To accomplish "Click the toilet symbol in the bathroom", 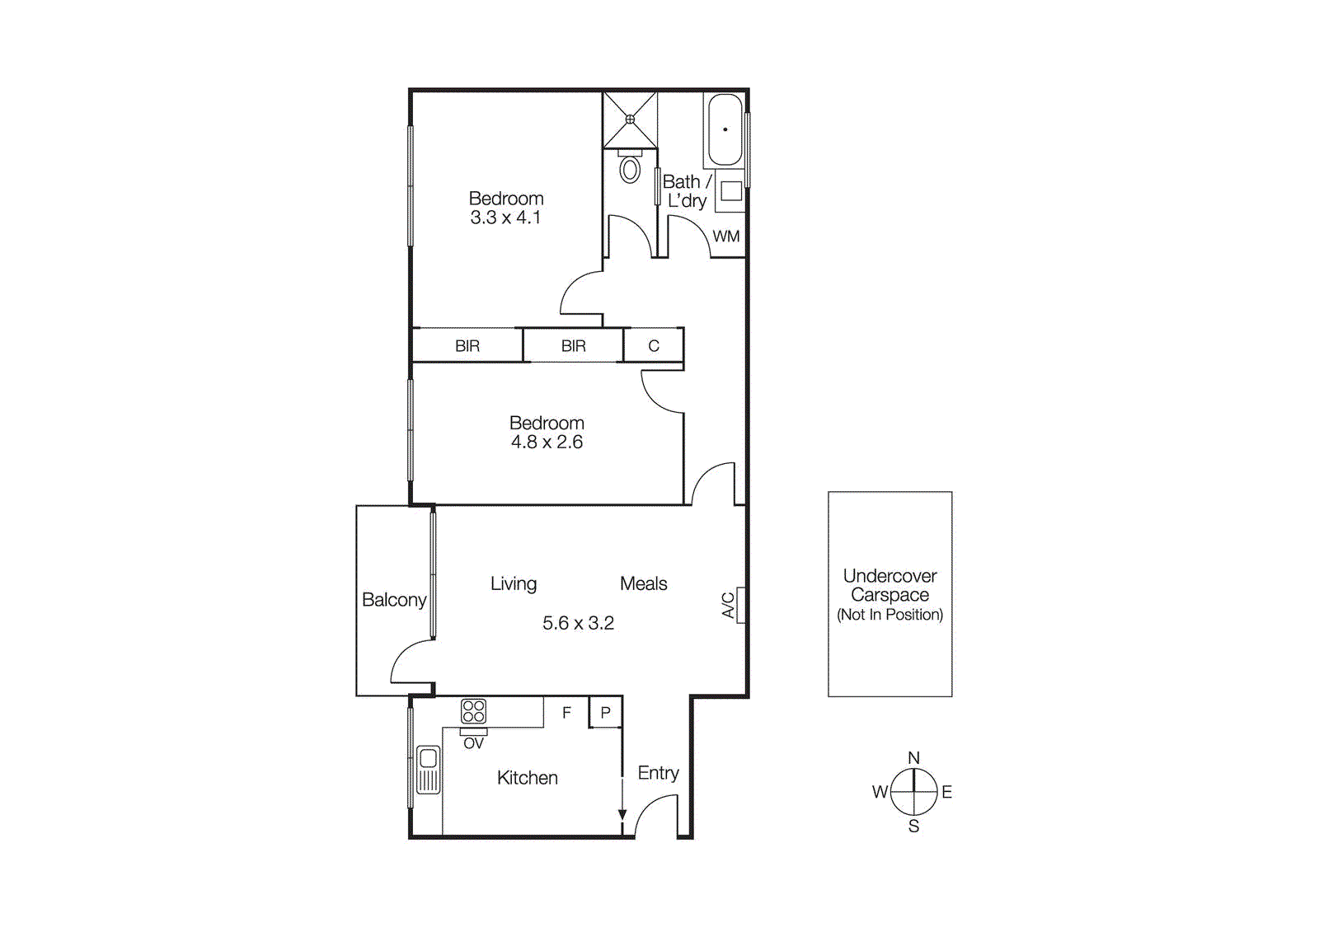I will coord(630,169).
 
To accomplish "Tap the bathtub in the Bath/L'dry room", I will coord(725,129).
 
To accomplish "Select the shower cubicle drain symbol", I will coord(631,119).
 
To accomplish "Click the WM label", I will coord(726,237).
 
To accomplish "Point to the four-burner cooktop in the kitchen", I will coord(473,711).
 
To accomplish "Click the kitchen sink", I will coord(428,770).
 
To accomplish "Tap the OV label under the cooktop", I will coord(473,743).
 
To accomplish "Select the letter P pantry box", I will coord(606,713).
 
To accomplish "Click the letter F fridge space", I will coord(566,713).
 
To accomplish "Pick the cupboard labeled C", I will coord(654,346).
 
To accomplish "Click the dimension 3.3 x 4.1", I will coord(505,218).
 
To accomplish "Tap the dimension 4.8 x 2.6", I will coord(547,443).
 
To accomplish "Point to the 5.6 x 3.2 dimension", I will coord(578,623).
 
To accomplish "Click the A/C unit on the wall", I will coord(741,605).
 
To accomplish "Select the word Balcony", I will coord(394,600).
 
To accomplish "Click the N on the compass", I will coord(913,757).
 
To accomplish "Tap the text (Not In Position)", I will coord(890,615).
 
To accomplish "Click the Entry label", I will coord(658,773).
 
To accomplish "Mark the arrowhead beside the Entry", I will coord(622,814).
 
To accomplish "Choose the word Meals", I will coord(643,583).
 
